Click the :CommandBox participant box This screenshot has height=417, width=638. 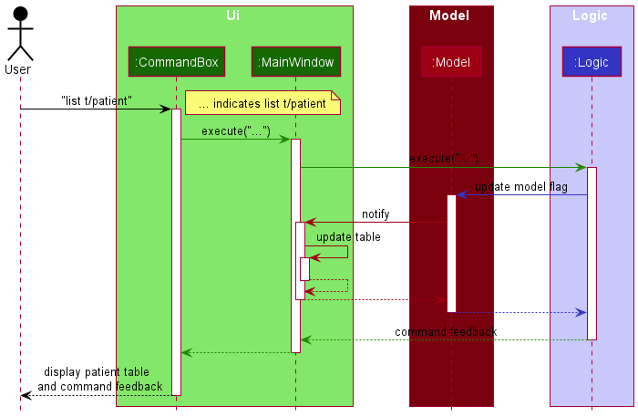(176, 62)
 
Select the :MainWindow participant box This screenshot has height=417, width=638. (295, 62)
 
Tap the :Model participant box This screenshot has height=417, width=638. (451, 62)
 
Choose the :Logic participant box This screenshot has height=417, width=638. (592, 62)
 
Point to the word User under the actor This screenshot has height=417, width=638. (17, 69)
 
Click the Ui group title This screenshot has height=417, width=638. (234, 16)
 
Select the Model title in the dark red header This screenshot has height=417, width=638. (449, 16)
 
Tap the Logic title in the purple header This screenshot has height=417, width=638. (590, 16)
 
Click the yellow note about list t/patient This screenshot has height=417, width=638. (262, 103)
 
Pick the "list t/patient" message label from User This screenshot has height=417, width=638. (97, 100)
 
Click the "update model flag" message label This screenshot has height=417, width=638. (520, 187)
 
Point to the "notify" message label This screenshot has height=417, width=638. (376, 214)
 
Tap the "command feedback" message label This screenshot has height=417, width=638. (446, 332)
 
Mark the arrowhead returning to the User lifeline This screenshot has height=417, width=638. (26, 395)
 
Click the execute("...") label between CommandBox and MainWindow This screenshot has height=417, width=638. (236, 131)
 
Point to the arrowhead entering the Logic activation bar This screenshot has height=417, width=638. (581, 167)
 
